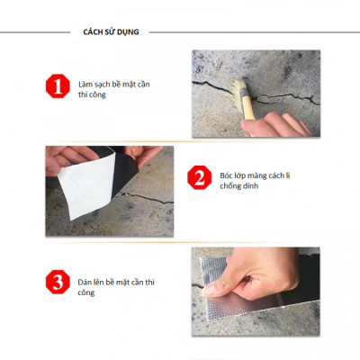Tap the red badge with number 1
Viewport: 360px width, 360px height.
click(57, 87)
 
